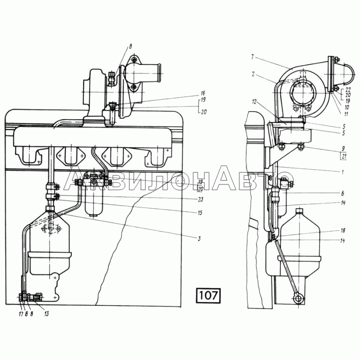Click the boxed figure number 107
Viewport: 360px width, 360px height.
click(x=208, y=295)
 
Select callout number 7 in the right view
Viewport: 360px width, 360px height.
click(x=252, y=57)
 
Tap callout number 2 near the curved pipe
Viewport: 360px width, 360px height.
click(x=253, y=74)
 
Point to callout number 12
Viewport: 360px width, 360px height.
click(x=254, y=102)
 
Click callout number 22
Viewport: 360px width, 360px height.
click(x=347, y=90)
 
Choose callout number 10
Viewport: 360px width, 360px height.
click(x=346, y=107)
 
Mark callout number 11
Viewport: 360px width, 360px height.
click(x=346, y=114)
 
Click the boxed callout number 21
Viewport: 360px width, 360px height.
click(x=344, y=157)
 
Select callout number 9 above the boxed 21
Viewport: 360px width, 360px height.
click(x=343, y=148)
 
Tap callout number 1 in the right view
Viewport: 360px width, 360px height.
click(x=342, y=172)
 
